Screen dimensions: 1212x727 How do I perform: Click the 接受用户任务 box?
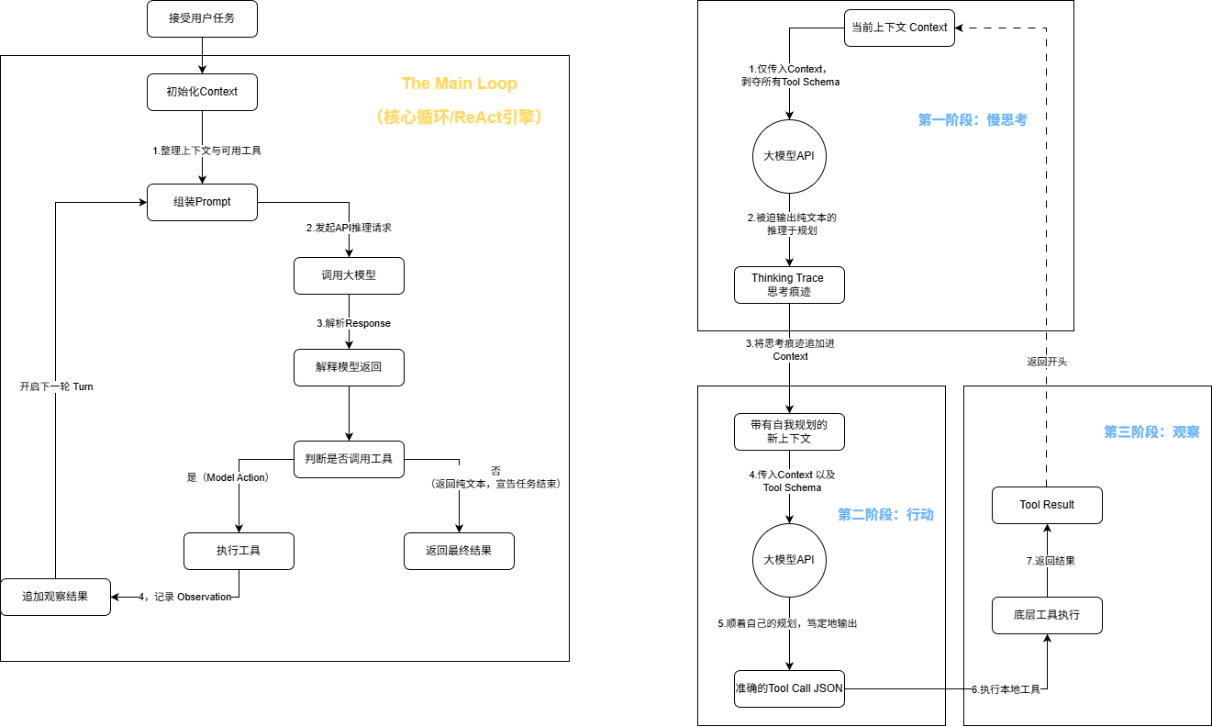coord(202,18)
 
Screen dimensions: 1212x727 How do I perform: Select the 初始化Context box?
coord(202,92)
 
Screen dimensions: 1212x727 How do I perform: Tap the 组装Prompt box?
coord(202,202)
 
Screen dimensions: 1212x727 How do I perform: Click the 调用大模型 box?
coord(349,275)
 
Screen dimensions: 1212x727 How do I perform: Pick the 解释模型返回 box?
coord(349,367)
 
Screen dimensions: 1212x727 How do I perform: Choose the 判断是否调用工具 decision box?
coord(349,459)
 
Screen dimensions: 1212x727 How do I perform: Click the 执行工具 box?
coord(239,551)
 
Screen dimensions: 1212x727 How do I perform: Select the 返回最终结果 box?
coord(459,551)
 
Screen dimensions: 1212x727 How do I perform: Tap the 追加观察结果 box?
coord(55,597)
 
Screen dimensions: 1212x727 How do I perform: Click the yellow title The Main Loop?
coord(460,84)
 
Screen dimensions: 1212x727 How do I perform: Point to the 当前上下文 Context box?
coord(899,28)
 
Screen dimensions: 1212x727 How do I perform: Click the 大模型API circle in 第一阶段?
coord(789,156)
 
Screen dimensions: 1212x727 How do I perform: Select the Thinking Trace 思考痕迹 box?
coord(789,285)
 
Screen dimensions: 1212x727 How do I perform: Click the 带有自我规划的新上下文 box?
coord(789,432)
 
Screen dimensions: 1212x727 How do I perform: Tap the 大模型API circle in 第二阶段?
coord(789,560)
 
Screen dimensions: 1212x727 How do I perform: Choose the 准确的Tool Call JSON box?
coord(789,688)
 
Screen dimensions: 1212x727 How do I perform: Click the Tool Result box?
coord(1047,505)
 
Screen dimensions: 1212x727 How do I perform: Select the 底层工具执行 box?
coord(1047,616)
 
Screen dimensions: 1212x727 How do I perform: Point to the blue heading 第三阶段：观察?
coord(1152,432)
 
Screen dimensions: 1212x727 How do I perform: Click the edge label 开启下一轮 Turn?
coord(56,386)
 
